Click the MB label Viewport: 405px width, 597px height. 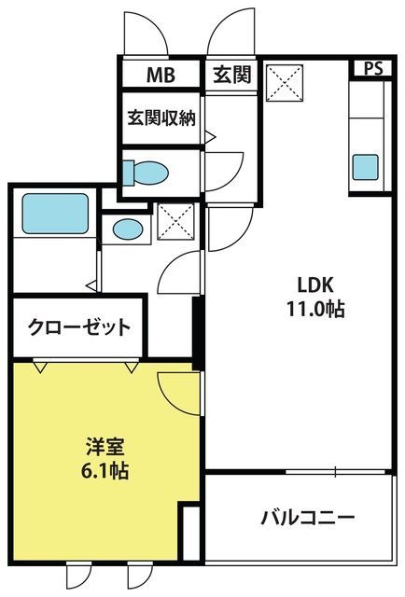(161, 75)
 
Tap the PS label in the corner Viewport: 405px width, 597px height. (373, 68)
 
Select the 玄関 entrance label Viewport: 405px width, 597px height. (232, 75)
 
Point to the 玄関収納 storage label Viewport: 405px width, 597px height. (161, 118)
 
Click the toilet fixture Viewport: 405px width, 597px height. (146, 174)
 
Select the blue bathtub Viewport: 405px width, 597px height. (55, 214)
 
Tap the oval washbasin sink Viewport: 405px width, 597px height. (128, 229)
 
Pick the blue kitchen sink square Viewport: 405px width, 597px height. (366, 167)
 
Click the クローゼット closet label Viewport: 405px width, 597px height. (79, 327)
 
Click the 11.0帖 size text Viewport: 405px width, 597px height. (315, 309)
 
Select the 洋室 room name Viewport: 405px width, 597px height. (105, 447)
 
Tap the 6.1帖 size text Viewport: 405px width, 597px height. (105, 470)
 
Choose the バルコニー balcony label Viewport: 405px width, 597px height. (308, 518)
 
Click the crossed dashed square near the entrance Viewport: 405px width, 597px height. (285, 83)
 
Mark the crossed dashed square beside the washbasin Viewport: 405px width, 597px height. (176, 222)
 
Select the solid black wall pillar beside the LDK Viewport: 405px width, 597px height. (197, 333)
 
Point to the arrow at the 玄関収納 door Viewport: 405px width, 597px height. (210, 136)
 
